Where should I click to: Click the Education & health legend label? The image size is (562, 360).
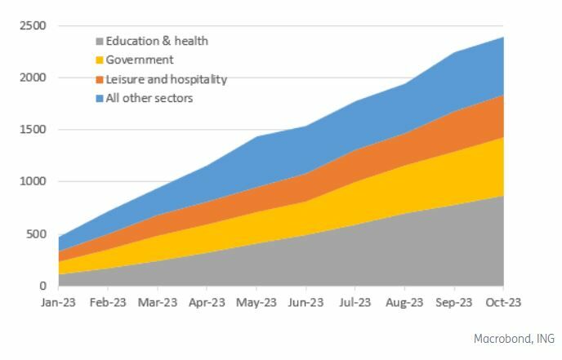pyautogui.click(x=157, y=41)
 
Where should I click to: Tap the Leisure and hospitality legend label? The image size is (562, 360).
pyautogui.click(x=167, y=79)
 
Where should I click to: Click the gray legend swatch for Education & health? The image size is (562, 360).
pyautogui.click(x=100, y=41)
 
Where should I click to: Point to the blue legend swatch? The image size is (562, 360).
pyautogui.click(x=100, y=98)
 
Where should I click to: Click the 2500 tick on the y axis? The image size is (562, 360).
pyautogui.click(x=34, y=26)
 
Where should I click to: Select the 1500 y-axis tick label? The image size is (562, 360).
pyautogui.click(x=34, y=130)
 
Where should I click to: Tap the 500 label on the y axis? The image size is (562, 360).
pyautogui.click(x=38, y=234)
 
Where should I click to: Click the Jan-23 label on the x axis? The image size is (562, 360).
pyautogui.click(x=58, y=302)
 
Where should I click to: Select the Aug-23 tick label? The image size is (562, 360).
pyautogui.click(x=404, y=302)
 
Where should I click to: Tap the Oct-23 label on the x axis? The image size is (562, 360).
pyautogui.click(x=503, y=302)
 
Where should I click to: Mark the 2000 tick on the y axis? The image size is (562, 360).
pyautogui.click(x=34, y=78)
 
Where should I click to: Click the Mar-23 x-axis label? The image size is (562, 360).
pyautogui.click(x=157, y=302)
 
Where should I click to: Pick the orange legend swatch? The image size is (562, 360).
pyautogui.click(x=100, y=79)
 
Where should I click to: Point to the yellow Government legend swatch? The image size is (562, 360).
pyautogui.click(x=100, y=60)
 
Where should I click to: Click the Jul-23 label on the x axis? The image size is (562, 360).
pyautogui.click(x=355, y=302)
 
